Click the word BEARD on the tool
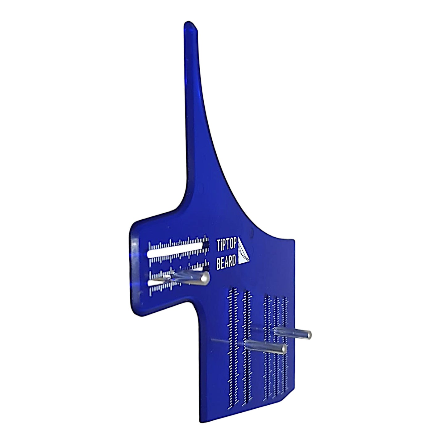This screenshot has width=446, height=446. pos(227,264)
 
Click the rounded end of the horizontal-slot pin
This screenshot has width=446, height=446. pos(204,278)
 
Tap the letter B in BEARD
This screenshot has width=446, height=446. pos(219,265)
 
